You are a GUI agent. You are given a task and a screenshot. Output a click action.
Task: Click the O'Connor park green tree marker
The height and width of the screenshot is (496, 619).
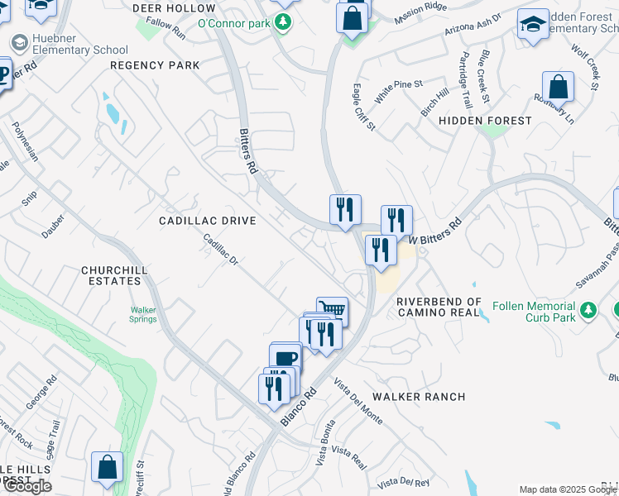click(285, 23)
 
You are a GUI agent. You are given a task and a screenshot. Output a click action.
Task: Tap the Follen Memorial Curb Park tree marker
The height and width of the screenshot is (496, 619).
click(588, 310)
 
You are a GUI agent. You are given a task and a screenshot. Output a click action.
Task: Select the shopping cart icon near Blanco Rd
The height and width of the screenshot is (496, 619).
click(332, 310)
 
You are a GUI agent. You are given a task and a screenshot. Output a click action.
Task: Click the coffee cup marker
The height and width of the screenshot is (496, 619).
click(286, 358)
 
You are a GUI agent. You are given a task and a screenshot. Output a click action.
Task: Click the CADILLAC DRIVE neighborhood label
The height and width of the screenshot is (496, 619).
click(208, 221)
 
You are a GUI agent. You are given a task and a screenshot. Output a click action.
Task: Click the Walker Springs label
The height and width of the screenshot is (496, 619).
click(142, 315)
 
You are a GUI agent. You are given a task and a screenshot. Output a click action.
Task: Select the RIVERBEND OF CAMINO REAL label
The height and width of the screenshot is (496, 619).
click(439, 307)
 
